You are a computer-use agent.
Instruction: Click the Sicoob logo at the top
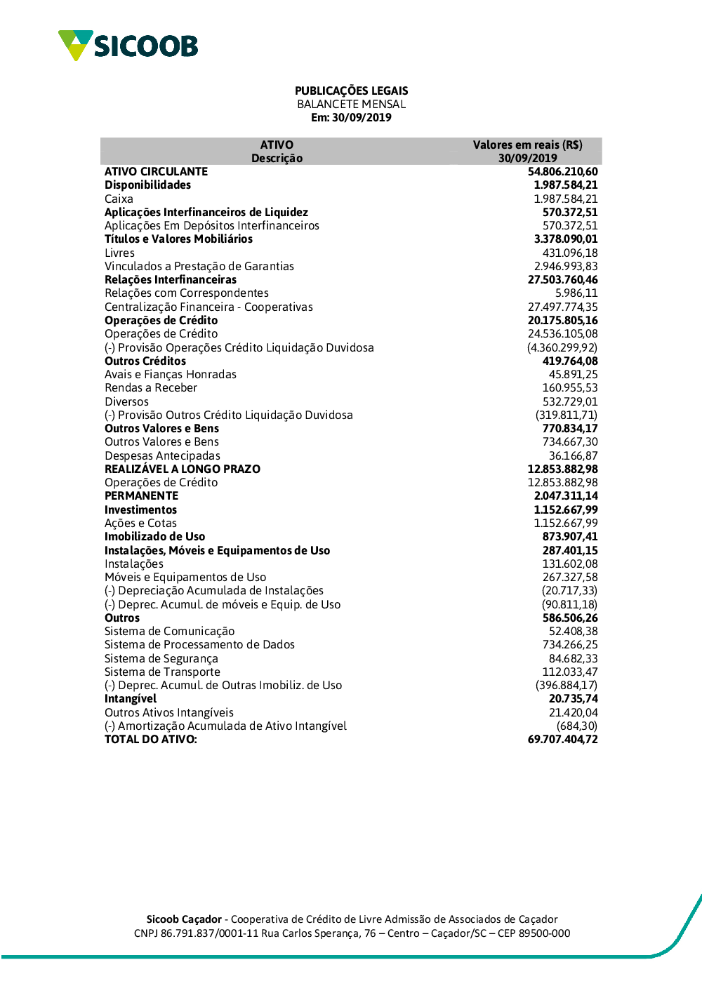[128, 46]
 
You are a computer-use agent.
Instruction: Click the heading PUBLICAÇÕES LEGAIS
[351, 91]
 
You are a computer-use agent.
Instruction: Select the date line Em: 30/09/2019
[351, 117]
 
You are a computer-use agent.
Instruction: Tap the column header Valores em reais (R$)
[527, 145]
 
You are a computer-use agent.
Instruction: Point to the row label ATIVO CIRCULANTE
[156, 171]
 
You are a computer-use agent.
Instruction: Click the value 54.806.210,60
[562, 171]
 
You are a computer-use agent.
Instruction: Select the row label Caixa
[119, 199]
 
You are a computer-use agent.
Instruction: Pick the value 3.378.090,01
[566, 239]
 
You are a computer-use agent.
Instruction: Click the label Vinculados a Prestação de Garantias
[199, 266]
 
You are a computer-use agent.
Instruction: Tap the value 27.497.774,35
[562, 307]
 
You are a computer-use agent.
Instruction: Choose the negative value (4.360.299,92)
[562, 347]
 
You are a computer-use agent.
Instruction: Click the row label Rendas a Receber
[151, 387]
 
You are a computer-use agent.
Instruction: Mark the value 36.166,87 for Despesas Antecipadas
[573, 455]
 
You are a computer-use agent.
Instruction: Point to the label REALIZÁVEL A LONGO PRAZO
[183, 469]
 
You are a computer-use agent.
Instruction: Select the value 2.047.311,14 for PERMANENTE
[566, 495]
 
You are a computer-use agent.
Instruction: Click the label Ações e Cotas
[140, 523]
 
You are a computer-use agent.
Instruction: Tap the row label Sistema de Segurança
[161, 658]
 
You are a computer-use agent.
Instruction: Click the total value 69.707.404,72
[562, 739]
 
